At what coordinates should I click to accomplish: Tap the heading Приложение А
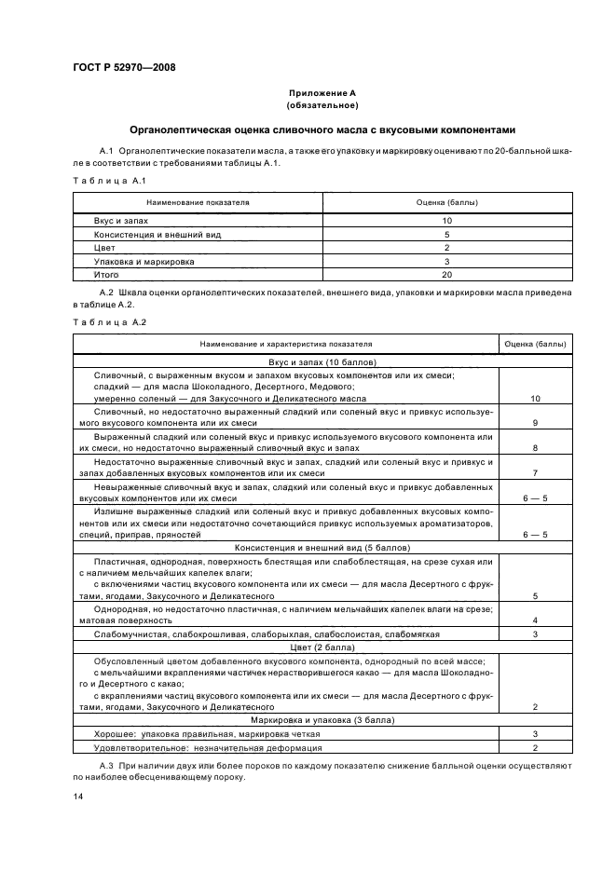tap(322, 93)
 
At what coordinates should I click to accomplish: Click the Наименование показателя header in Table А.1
tap(198, 201)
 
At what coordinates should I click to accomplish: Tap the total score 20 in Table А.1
tap(446, 276)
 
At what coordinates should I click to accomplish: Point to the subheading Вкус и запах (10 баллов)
tap(322, 361)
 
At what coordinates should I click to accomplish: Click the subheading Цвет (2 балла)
tap(322, 645)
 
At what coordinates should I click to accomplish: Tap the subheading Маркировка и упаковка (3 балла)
tap(322, 720)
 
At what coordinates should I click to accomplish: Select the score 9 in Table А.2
tap(535, 423)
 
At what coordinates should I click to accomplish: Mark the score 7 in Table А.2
tap(535, 472)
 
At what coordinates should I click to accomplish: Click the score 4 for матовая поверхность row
tap(535, 620)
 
